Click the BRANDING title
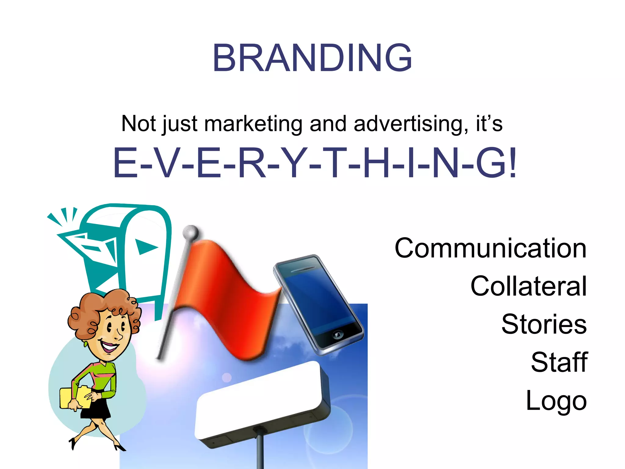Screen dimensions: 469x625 point(312,58)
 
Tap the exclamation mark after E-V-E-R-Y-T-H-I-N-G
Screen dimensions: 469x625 point(512,163)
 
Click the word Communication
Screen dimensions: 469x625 point(490,248)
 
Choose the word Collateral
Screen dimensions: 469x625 point(528,286)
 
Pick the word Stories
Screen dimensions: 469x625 point(544,324)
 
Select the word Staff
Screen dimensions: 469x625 point(559,362)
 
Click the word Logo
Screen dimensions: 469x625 point(556,401)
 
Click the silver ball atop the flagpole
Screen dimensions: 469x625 point(191,233)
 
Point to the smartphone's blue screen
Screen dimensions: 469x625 point(317,299)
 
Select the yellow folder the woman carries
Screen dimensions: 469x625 point(75,397)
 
